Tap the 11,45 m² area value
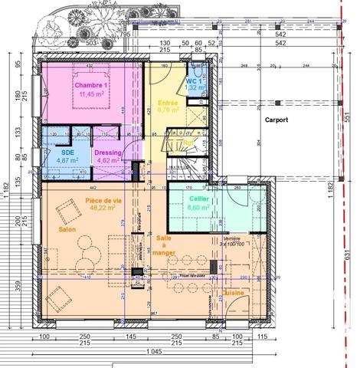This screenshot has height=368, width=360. (x=90, y=96)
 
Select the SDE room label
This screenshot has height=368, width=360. (x=67, y=152)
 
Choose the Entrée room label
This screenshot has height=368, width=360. (x=169, y=102)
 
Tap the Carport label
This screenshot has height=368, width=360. (x=277, y=120)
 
